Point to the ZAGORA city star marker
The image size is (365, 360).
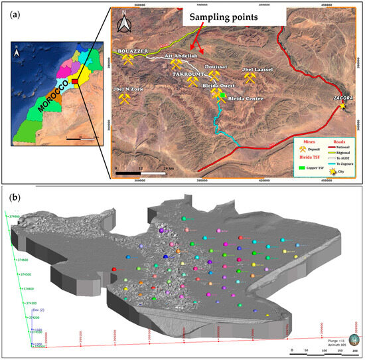(342, 106)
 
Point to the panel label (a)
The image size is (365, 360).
(9, 13)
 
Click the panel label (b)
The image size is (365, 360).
(9, 197)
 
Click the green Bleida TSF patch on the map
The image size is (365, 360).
(220, 95)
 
